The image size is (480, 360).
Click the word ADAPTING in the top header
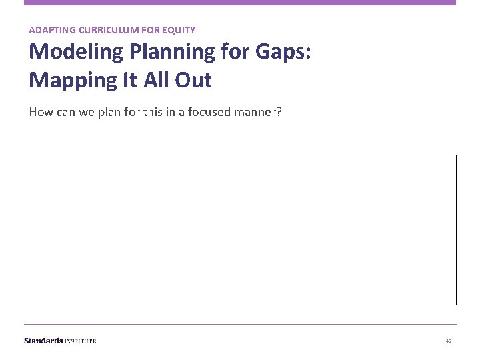pos(49,30)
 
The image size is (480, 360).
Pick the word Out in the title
pos(194,80)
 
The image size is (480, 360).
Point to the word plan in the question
pos(108,112)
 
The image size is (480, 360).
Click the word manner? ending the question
pos(259,111)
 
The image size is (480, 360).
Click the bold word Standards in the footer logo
pos(43,341)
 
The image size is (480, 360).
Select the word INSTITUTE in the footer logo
pos(81,341)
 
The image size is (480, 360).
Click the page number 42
pos(449,341)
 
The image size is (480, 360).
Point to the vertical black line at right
pos(456,230)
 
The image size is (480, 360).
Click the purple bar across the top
pos(240,3)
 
